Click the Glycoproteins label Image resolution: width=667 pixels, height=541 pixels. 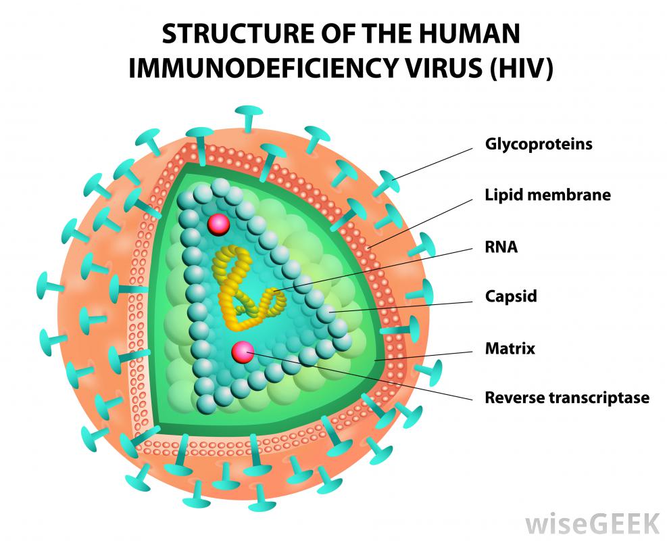point(538,144)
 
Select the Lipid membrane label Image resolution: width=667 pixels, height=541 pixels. point(547,195)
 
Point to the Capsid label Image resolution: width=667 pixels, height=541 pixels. point(510,296)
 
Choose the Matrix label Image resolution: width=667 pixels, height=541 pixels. point(510,349)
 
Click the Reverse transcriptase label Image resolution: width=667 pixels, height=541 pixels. point(566,398)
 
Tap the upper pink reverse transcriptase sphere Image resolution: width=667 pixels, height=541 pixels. point(218,224)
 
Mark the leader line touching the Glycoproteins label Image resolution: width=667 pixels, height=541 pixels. point(433,163)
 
